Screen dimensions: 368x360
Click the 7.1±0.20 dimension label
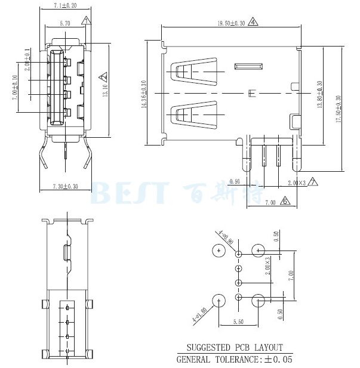(64, 5)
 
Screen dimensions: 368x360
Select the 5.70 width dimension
(65, 23)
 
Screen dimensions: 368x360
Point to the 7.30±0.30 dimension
(65, 187)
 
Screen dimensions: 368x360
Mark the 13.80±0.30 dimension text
(320, 95)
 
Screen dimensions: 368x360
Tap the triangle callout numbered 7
(313, 181)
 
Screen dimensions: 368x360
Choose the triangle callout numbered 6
(285, 202)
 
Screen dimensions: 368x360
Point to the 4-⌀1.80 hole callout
(199, 313)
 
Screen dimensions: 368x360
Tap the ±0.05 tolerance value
(277, 359)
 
